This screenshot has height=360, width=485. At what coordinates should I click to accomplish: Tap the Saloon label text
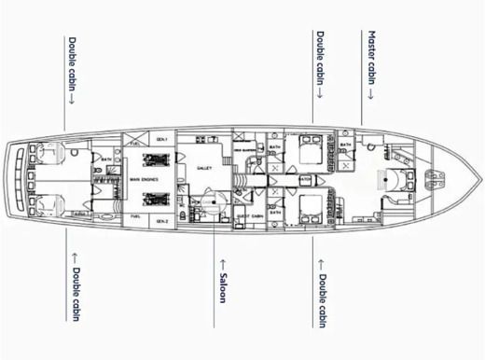pyautogui.click(x=224, y=284)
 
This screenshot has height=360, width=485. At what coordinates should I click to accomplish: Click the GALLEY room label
pyautogui.click(x=204, y=168)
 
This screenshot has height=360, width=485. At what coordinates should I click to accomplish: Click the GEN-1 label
pyautogui.click(x=162, y=140)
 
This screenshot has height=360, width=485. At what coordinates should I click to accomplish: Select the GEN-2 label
pyautogui.click(x=162, y=221)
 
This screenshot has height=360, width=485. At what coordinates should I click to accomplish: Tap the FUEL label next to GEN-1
pyautogui.click(x=136, y=144)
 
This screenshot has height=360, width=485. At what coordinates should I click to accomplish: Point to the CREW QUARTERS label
pyautogui.click(x=246, y=148)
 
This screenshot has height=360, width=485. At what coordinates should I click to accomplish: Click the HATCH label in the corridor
pyautogui.click(x=305, y=181)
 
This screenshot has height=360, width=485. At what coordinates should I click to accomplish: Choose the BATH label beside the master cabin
pyautogui.click(x=346, y=145)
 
